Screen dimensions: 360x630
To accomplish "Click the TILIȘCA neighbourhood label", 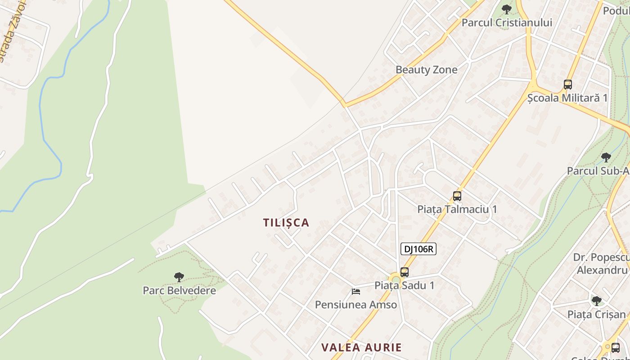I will pyautogui.click(x=286, y=223).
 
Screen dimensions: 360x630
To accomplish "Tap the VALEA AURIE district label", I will pyautogui.click(x=361, y=347).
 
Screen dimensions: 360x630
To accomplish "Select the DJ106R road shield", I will pyautogui.click(x=418, y=249).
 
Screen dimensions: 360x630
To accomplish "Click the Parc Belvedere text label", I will pyautogui.click(x=179, y=290).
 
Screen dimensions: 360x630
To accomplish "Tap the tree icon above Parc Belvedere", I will pyautogui.click(x=179, y=277).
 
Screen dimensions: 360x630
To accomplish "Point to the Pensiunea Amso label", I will pyautogui.click(x=355, y=305).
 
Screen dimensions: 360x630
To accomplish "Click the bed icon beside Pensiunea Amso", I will pyautogui.click(x=356, y=292).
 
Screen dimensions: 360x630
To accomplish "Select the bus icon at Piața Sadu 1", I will pyautogui.click(x=405, y=272).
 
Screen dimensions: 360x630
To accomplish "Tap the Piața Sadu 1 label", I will pyautogui.click(x=404, y=285).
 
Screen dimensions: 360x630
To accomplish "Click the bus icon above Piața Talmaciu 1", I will pyautogui.click(x=457, y=196).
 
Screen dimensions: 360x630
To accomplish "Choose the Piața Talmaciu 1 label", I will pyautogui.click(x=457, y=209).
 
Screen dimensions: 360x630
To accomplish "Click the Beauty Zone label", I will pyautogui.click(x=426, y=70).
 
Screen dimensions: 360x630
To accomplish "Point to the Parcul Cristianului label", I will pyautogui.click(x=507, y=22).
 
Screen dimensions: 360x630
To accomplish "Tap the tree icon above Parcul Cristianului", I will pyautogui.click(x=507, y=9).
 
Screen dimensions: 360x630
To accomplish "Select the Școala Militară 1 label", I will pyautogui.click(x=567, y=98).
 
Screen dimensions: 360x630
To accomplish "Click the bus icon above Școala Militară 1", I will pyautogui.click(x=568, y=84).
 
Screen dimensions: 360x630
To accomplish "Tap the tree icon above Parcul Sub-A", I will pyautogui.click(x=606, y=157).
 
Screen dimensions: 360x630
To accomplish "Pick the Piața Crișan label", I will pyautogui.click(x=597, y=314).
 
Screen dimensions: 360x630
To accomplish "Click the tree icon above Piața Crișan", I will pyautogui.click(x=597, y=301).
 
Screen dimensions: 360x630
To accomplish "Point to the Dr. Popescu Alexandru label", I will pyautogui.click(x=602, y=263).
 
